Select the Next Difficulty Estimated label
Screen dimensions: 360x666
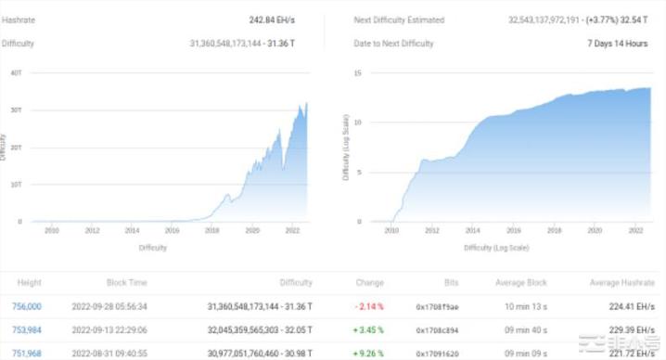[399, 19]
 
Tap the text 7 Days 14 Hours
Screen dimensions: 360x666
[617, 44]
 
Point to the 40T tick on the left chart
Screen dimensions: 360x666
[16, 72]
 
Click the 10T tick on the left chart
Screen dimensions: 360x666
[16, 185]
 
